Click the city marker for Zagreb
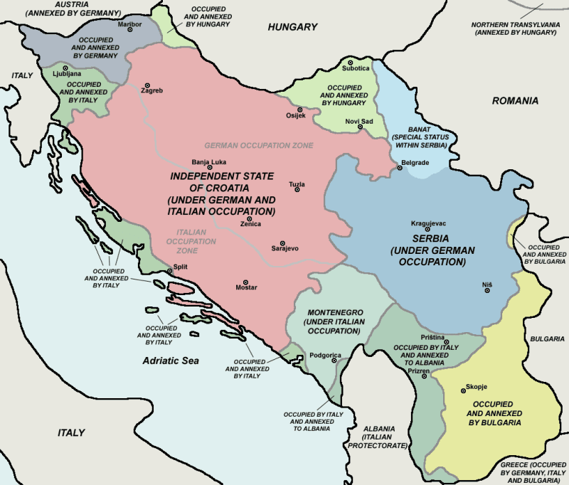coord(148,85)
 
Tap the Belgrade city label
coord(415,163)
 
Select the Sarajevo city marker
coord(282,242)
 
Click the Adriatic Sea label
coord(171,361)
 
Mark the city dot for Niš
coord(489,292)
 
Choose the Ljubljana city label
coord(66,74)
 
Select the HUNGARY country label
coord(292,27)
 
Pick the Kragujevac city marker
coord(427,229)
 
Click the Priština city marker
coord(446,342)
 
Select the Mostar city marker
coord(246,282)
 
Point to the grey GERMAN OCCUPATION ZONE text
coord(259,145)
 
